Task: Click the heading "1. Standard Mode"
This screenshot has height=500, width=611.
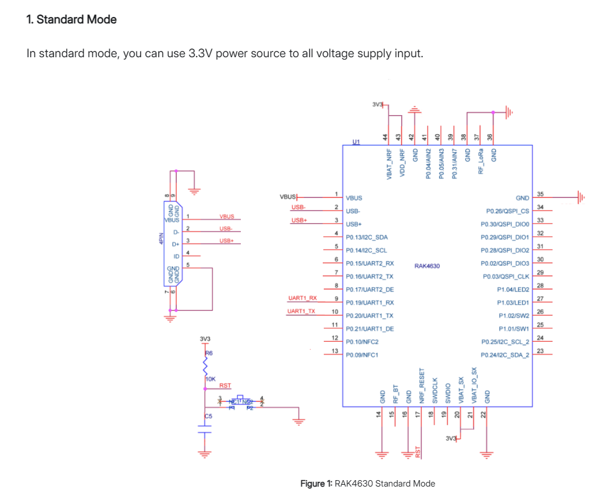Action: click(x=71, y=19)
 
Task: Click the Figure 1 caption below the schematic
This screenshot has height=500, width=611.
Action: click(x=367, y=483)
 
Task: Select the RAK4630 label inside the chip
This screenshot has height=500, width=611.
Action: click(x=427, y=266)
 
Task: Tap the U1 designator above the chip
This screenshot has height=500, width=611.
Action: click(x=356, y=141)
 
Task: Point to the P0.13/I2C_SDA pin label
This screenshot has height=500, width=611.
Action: click(x=367, y=237)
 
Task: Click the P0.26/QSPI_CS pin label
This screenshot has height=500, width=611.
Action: click(x=507, y=211)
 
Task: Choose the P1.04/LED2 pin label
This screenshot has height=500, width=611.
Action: click(x=513, y=289)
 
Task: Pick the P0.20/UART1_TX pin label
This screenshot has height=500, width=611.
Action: click(x=370, y=315)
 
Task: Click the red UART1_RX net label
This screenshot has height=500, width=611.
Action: click(x=302, y=298)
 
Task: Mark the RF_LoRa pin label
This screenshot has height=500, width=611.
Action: click(x=481, y=161)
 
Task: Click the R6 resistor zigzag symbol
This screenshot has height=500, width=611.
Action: click(x=205, y=367)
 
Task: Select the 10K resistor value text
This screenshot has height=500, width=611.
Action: click(x=211, y=379)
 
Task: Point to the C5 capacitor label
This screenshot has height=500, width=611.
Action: click(x=209, y=416)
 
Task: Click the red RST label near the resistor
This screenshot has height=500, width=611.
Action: click(x=225, y=386)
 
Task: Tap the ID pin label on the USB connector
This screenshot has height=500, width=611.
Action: click(x=176, y=255)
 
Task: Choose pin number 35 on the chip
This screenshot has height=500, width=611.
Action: click(x=540, y=194)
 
